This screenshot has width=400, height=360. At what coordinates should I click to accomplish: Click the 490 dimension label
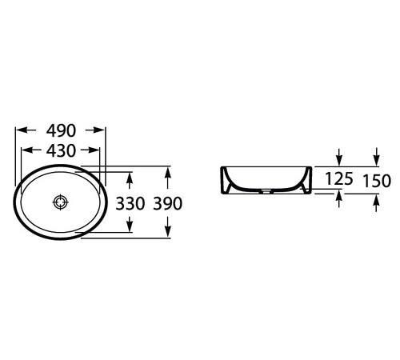tap(61, 130)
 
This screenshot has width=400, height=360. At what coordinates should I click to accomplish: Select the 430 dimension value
tap(61, 150)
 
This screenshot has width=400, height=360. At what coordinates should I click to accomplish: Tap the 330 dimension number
tap(130, 203)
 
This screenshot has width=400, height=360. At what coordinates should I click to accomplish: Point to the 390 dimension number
tap(168, 203)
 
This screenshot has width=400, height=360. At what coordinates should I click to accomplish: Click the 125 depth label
tap(339, 178)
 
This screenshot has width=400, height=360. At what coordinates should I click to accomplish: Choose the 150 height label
tap(377, 181)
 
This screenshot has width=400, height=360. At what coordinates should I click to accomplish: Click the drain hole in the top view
tap(61, 202)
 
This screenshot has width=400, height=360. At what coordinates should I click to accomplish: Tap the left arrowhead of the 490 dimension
tap(21, 130)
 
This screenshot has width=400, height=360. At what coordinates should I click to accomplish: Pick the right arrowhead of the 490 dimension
tap(99, 130)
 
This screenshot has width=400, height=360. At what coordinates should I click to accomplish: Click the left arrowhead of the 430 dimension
tap(26, 150)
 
